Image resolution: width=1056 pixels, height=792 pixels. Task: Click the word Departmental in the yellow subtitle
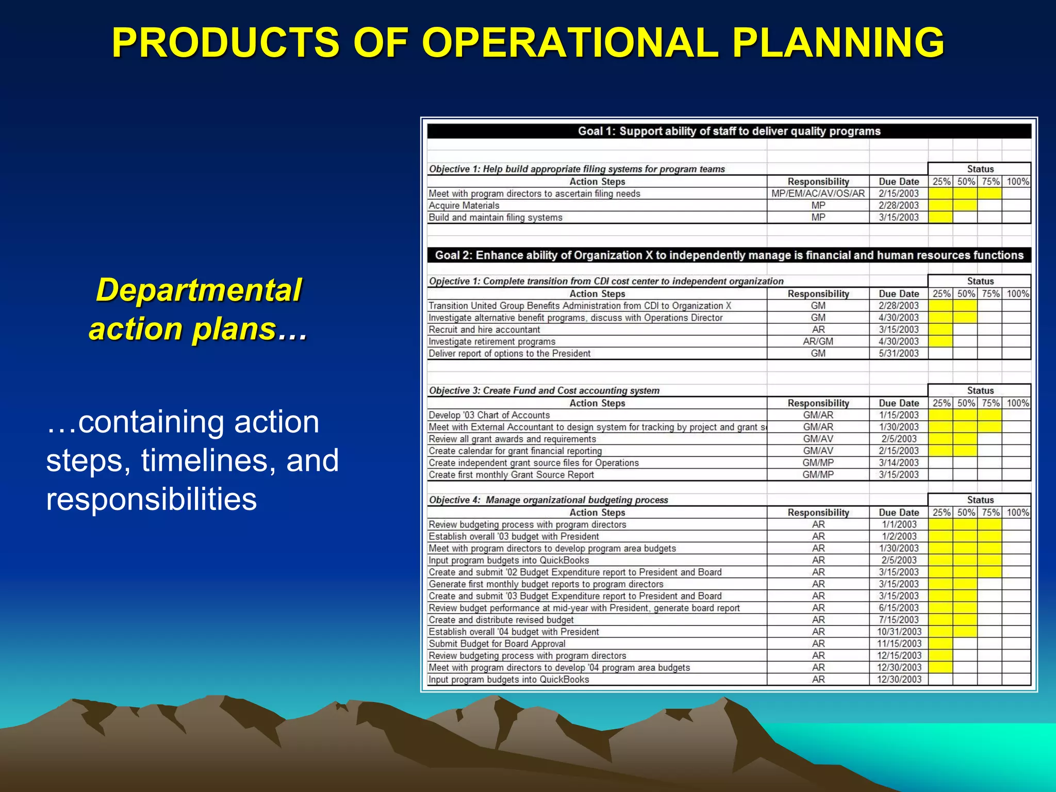point(199,290)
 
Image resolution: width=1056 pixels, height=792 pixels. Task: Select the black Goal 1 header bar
point(729,131)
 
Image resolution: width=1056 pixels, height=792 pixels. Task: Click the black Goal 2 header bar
point(729,255)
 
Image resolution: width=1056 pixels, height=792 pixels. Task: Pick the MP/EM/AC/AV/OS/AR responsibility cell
point(818,194)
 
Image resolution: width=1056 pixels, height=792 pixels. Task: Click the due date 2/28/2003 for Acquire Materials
point(899,206)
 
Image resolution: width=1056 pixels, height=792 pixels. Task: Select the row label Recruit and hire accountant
point(484,329)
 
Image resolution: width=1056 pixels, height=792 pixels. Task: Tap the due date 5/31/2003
point(899,353)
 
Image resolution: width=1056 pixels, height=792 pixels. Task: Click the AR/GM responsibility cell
point(818,341)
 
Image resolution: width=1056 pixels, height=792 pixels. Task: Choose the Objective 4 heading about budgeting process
point(548,500)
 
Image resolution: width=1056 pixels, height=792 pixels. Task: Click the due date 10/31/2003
point(899,632)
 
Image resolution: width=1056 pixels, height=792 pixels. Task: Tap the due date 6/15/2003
point(899,608)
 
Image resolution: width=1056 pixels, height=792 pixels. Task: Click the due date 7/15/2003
point(899,620)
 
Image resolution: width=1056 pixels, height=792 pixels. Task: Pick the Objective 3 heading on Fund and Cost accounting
point(544,390)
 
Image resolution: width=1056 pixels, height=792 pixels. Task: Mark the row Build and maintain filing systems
point(495,218)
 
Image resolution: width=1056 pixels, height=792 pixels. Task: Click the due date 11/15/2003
point(899,643)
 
